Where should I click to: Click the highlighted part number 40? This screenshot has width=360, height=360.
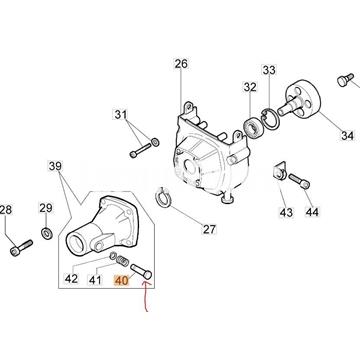click(x=123, y=282)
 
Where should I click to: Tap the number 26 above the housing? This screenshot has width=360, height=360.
click(x=180, y=65)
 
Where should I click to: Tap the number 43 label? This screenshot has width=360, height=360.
click(x=285, y=212)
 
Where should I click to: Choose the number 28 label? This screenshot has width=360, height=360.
click(x=7, y=209)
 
